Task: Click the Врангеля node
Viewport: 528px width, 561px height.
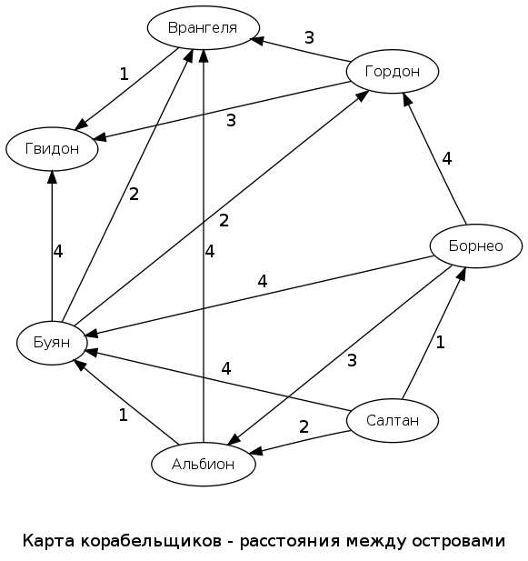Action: point(203,27)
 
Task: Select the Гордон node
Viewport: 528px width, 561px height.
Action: point(393,71)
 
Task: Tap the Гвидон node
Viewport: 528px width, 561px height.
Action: point(52,148)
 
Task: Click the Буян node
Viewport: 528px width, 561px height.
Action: point(52,343)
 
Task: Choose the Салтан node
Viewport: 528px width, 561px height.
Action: point(393,420)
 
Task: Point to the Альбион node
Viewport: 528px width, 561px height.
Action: point(203,464)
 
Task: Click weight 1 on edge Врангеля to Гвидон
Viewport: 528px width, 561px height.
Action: point(125,74)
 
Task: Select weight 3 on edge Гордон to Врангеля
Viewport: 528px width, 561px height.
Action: point(309,38)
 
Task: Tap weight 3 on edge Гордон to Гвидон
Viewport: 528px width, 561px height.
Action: point(231,120)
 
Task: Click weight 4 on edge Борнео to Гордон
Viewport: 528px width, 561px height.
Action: point(446,158)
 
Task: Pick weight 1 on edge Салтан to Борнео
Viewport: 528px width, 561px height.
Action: point(440,342)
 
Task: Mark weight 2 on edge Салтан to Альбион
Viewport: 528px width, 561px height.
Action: point(304,426)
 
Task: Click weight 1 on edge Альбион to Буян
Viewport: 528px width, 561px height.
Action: point(123,415)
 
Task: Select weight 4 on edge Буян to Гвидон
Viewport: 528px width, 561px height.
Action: point(58,251)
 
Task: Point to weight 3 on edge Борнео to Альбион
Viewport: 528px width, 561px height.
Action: point(352,360)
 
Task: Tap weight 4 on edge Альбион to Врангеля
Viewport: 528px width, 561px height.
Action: point(210,251)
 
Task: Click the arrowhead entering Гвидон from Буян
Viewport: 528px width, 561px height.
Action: point(52,182)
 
